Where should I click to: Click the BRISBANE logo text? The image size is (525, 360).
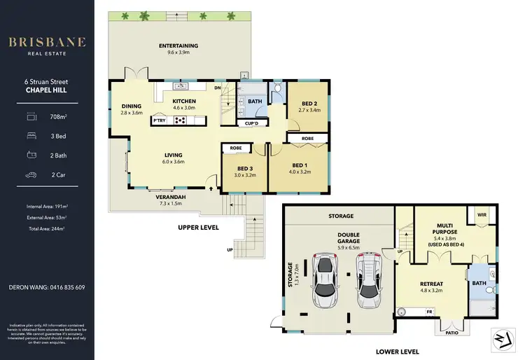click(x=47, y=42)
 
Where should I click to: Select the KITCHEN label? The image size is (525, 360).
click(x=184, y=102)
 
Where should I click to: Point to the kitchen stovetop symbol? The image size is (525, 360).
click(x=180, y=120)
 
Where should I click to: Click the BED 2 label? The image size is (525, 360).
click(x=309, y=103)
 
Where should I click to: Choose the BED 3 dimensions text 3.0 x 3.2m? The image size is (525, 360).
click(x=244, y=175)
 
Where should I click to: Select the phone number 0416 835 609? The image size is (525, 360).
click(x=66, y=287)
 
